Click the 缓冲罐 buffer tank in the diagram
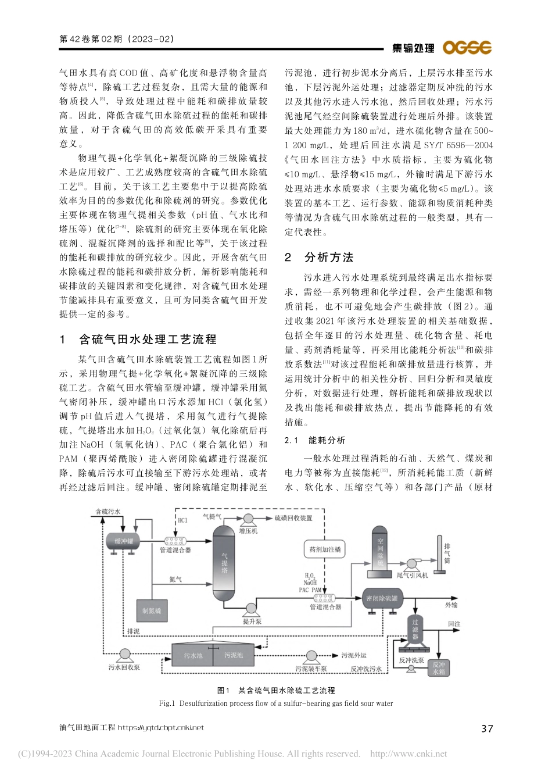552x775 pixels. (123, 541)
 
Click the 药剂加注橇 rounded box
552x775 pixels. (325, 549)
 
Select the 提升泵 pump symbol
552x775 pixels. (252, 609)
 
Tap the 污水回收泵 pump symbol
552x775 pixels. (124, 655)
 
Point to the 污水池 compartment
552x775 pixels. (193, 655)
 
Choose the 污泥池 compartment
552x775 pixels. (234, 655)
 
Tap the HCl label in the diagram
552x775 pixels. (183, 520)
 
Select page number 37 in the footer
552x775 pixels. (487, 728)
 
